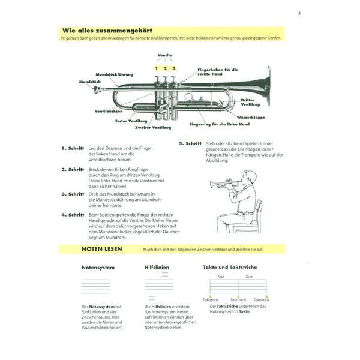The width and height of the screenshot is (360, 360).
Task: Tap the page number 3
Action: pyautogui.click(x=299, y=13)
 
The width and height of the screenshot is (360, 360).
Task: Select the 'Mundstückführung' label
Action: pyautogui.click(x=113, y=74)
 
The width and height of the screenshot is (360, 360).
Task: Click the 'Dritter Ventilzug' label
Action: pyautogui.click(x=251, y=102)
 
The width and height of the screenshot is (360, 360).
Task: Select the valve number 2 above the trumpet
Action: pyautogui.click(x=165, y=68)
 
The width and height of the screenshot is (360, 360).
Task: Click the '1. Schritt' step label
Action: pyautogui.click(x=72, y=148)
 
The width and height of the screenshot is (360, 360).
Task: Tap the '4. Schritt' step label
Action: pyautogui.click(x=72, y=214)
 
